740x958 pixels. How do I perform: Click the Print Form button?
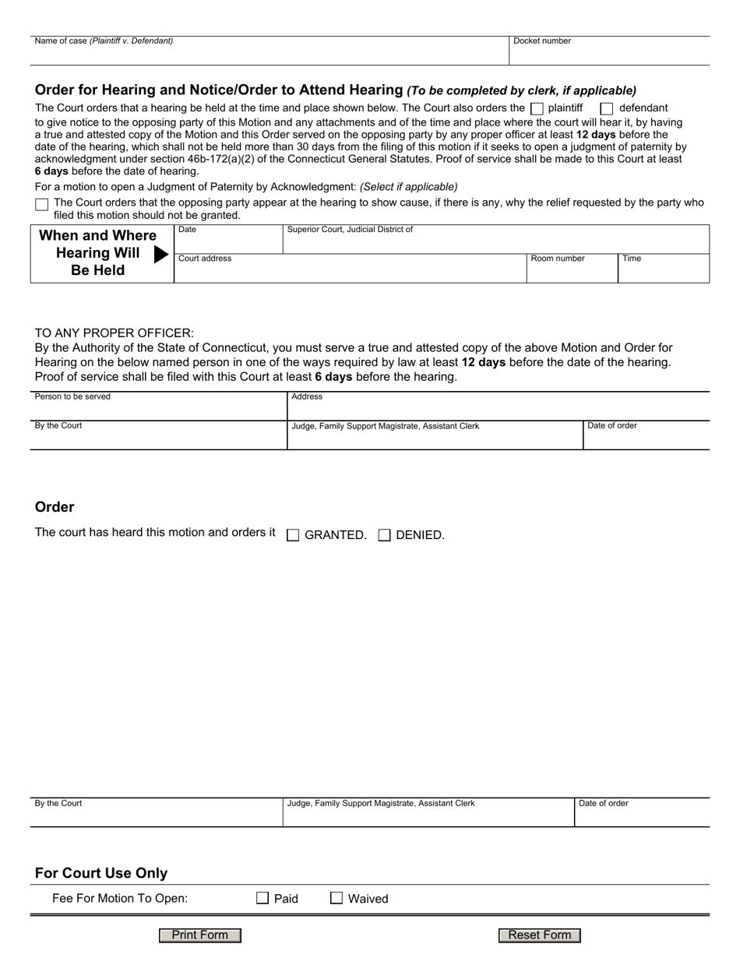(x=200, y=935)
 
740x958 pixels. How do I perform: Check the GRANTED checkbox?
(x=293, y=535)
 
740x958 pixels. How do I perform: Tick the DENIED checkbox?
(x=384, y=535)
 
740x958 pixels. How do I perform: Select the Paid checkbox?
(x=263, y=898)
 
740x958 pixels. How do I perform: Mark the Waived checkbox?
(x=337, y=898)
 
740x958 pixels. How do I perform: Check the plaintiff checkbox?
(x=537, y=109)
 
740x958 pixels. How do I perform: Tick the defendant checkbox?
(x=607, y=109)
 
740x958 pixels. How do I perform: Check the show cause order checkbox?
(x=41, y=204)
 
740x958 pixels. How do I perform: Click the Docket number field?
(x=608, y=54)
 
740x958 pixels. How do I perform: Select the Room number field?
(x=572, y=271)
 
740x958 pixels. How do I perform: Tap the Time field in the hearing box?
(x=663, y=271)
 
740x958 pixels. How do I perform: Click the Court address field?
(x=350, y=271)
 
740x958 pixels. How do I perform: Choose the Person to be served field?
(x=158, y=409)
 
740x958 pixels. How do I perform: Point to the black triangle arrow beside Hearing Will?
(x=161, y=254)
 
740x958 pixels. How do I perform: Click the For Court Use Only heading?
(x=101, y=873)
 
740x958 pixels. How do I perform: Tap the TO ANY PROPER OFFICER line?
(x=115, y=333)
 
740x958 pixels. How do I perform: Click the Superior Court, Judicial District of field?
(x=495, y=241)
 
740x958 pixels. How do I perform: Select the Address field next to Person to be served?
(x=499, y=409)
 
